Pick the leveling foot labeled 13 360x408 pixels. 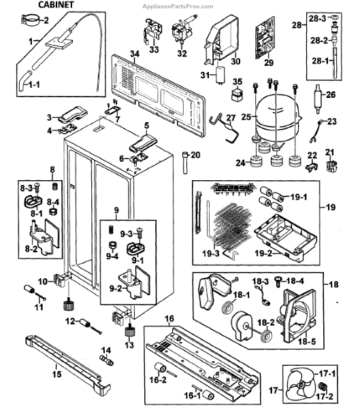pos(129,333)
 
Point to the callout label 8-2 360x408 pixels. pos(32,250)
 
